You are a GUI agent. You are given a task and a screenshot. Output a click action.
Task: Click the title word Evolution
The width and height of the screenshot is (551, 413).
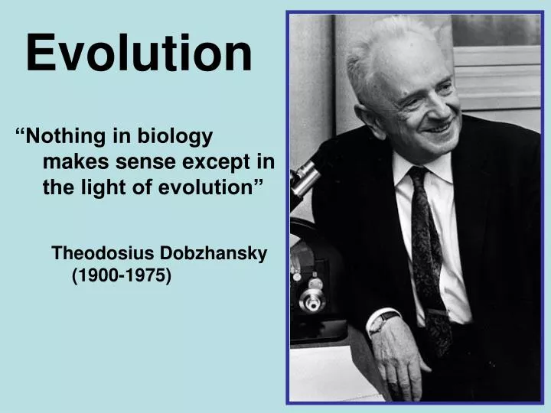point(139,54)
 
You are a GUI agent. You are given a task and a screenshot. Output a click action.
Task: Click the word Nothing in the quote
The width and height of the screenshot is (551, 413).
point(65,137)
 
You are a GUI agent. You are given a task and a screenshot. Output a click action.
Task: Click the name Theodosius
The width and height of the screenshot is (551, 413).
point(103,253)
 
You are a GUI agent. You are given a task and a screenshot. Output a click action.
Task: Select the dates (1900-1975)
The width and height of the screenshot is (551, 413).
point(122,276)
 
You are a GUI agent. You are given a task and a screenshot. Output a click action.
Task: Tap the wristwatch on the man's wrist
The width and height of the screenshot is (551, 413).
point(383,322)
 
